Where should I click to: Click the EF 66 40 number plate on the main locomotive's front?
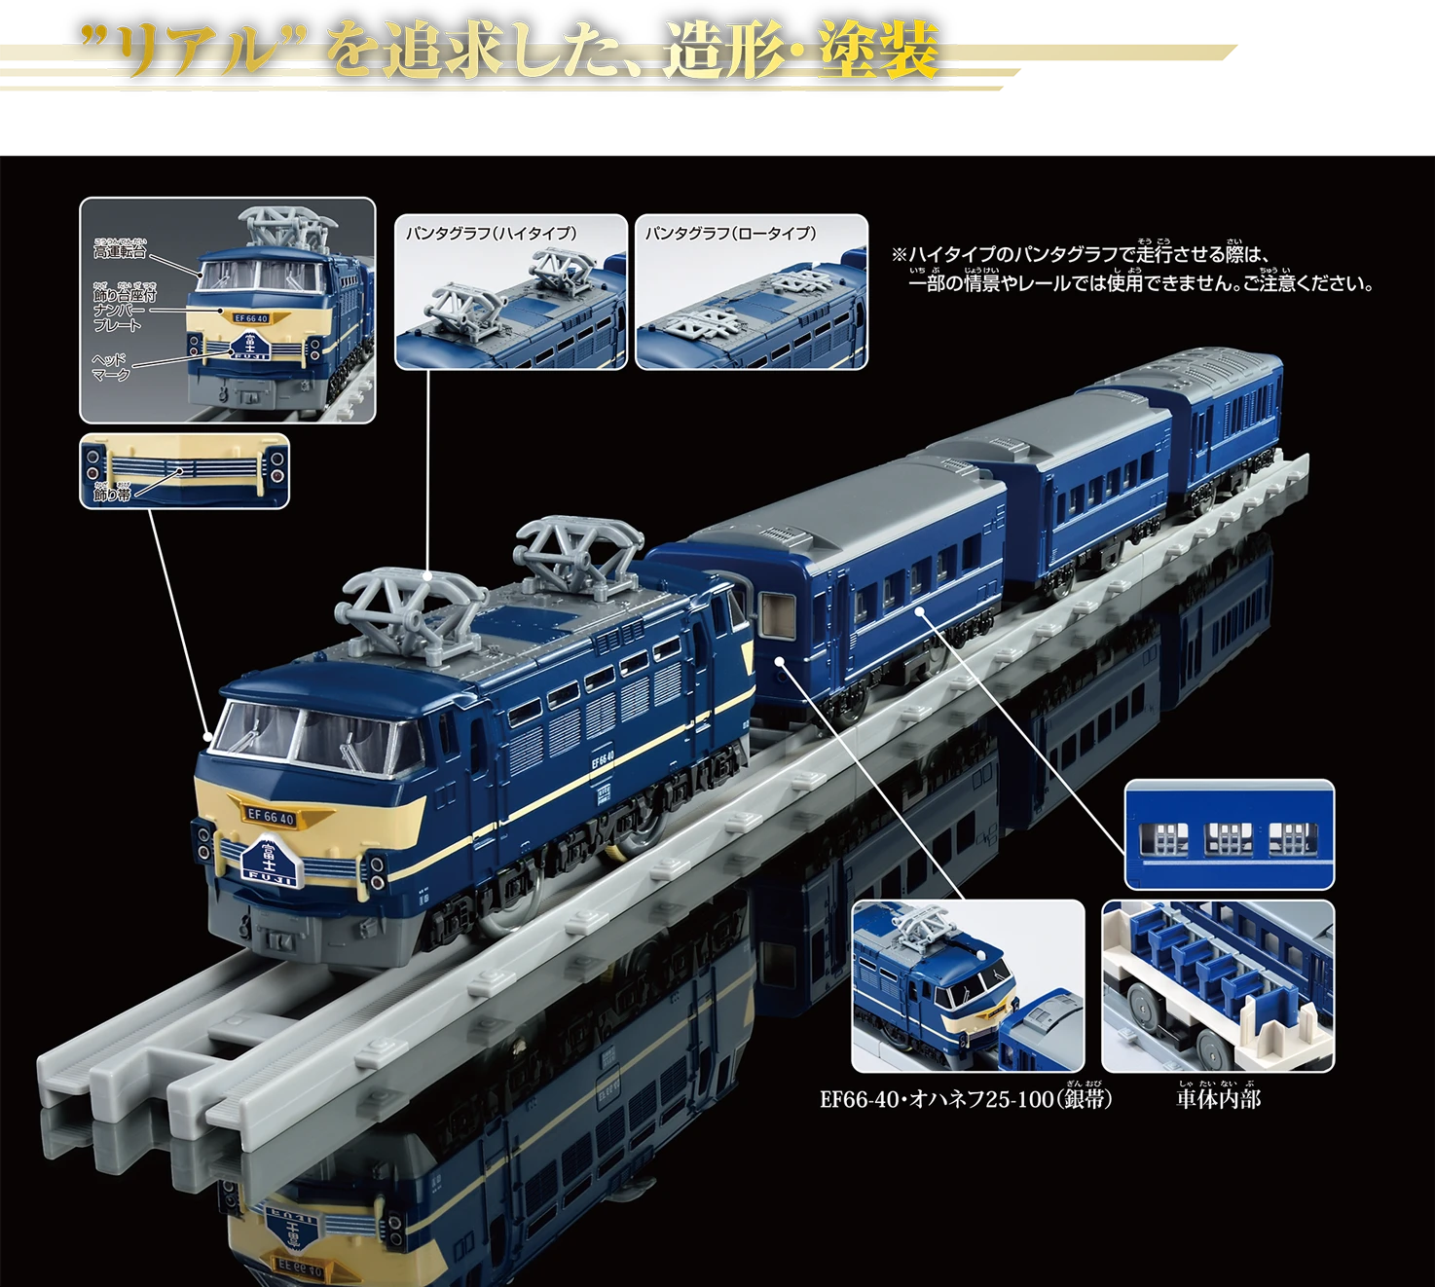click(x=271, y=817)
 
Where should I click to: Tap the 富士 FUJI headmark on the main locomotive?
click(x=268, y=861)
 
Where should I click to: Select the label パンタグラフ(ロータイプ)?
click(x=730, y=234)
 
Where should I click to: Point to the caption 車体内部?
click(x=1218, y=1099)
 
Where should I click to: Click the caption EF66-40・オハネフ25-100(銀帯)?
click(x=966, y=1099)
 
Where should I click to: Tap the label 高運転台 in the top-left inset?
click(x=119, y=251)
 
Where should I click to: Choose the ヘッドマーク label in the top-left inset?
click(x=110, y=367)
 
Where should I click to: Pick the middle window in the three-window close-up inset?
click(x=1229, y=837)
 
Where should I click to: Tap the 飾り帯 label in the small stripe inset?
click(x=112, y=495)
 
